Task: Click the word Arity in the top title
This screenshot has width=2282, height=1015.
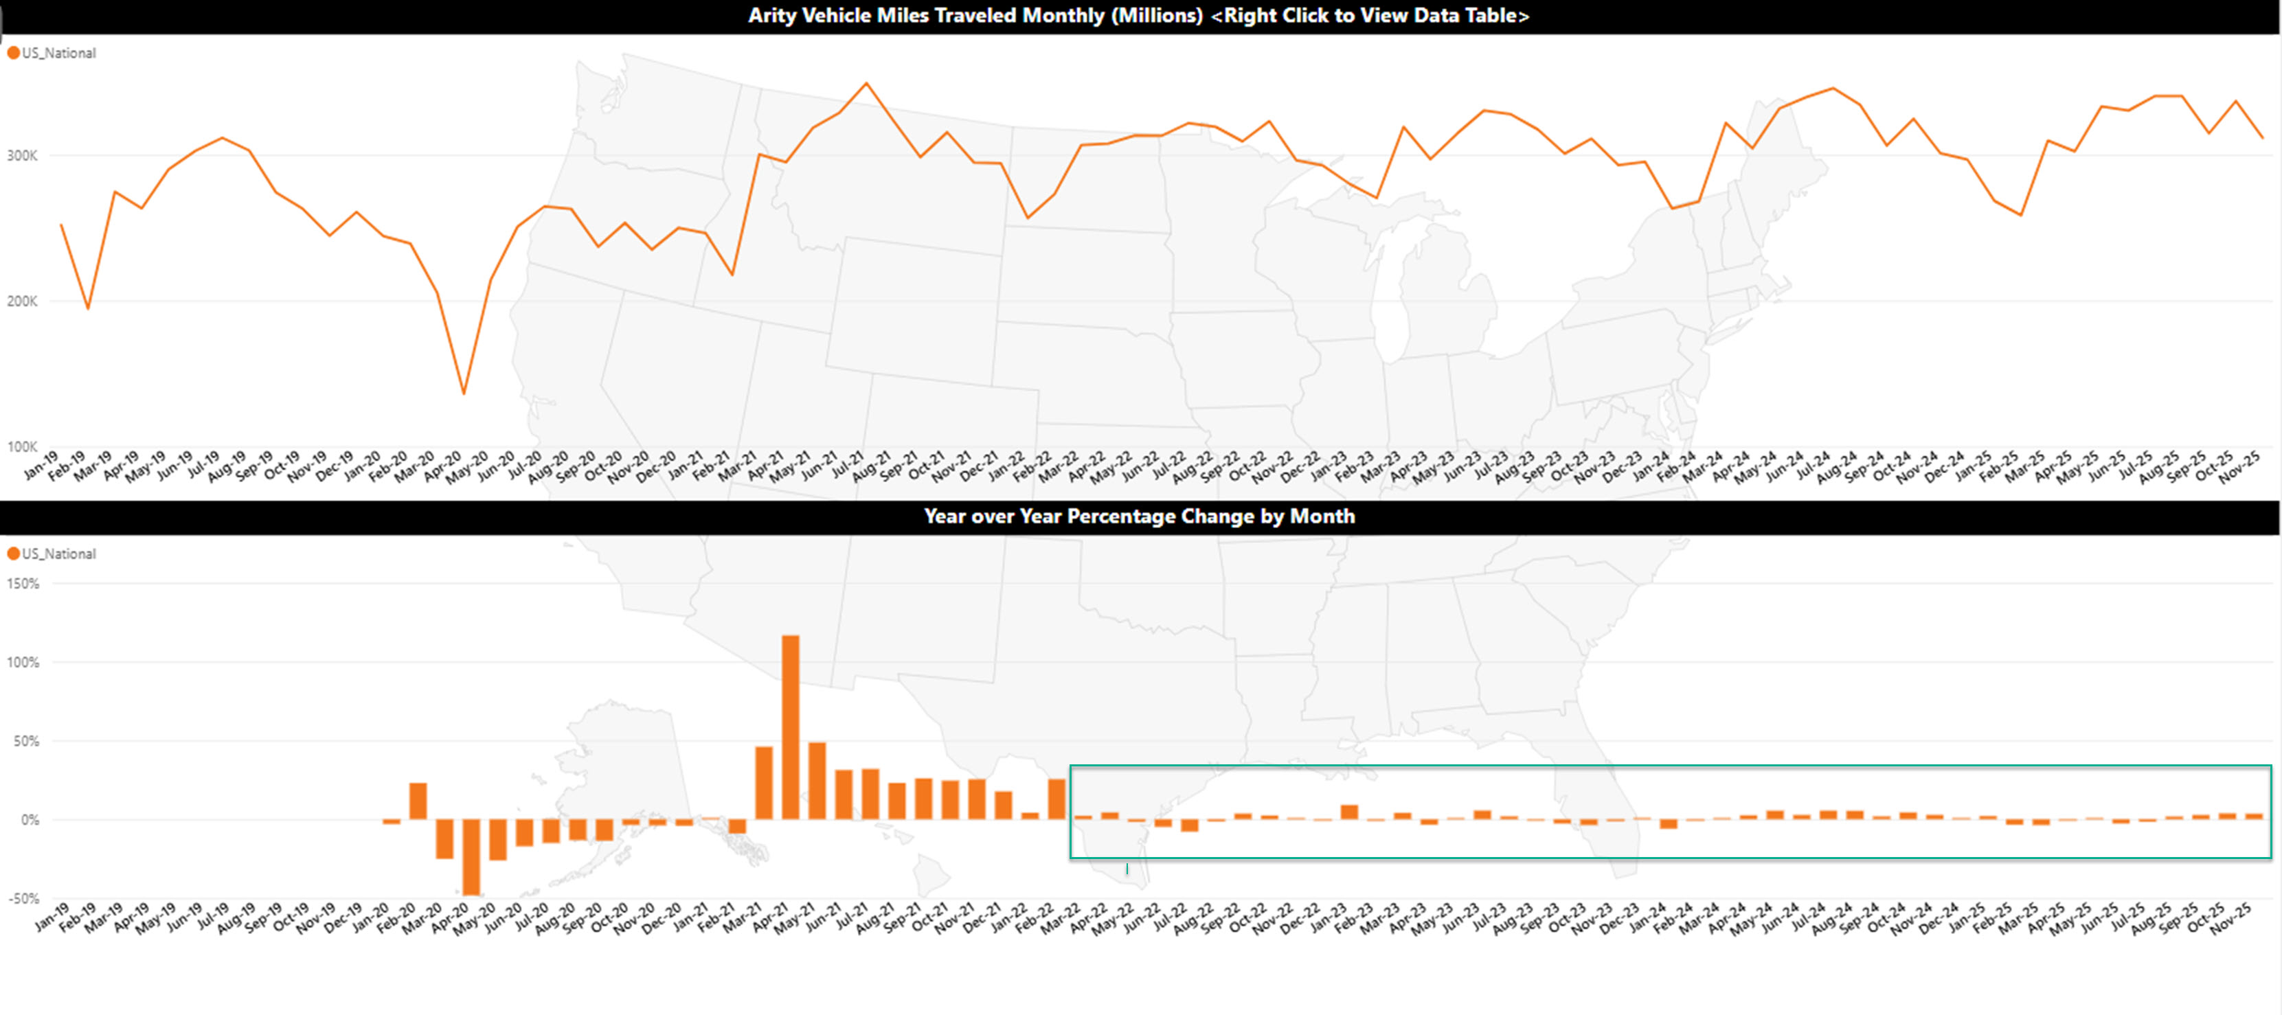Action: [x=771, y=15]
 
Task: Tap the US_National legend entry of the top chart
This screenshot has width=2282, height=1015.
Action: [x=58, y=53]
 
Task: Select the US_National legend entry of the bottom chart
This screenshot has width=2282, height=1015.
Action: [x=58, y=554]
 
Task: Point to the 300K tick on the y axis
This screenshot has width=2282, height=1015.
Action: [x=22, y=156]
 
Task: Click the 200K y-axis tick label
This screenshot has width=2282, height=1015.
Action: [x=22, y=301]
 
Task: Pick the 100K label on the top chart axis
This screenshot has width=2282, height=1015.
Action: [x=22, y=446]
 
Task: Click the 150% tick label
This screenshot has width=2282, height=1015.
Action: [x=24, y=584]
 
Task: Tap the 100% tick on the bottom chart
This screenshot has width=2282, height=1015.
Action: [x=24, y=663]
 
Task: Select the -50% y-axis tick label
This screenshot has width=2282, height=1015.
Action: [x=24, y=898]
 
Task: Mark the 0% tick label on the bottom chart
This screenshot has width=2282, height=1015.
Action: [x=30, y=820]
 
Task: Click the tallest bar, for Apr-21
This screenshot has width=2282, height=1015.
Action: [x=790, y=727]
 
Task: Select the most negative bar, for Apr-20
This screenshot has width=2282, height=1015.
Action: [x=471, y=856]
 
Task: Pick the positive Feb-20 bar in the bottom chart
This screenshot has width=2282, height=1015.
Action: [x=418, y=801]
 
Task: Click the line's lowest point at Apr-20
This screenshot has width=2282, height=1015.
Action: [x=463, y=392]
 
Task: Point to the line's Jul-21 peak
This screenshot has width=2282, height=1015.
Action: [x=866, y=84]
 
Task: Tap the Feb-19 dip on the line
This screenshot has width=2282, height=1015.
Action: [x=88, y=308]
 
